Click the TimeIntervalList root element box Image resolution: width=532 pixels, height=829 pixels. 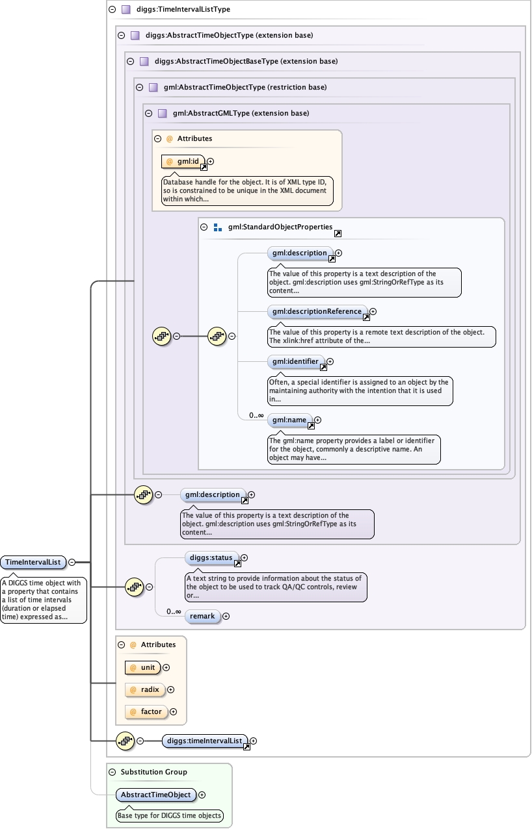33,562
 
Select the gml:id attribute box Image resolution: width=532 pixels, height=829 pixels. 183,161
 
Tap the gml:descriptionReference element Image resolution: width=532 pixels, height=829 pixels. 317,311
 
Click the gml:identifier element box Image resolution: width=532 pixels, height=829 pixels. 296,361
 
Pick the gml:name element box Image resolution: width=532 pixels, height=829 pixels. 289,420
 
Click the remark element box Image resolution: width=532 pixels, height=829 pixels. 202,616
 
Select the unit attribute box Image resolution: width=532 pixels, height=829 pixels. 143,667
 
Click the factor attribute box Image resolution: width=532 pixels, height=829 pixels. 146,711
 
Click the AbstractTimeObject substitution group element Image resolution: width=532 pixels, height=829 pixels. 156,795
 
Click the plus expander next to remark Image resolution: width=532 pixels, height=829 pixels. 226,616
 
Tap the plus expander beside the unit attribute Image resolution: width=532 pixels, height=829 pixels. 166,667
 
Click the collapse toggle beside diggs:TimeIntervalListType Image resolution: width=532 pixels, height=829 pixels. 113,10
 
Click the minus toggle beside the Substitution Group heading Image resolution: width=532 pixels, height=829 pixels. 112,772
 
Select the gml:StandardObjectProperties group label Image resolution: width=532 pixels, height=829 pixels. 280,227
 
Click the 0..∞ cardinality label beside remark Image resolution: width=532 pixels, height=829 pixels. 174,611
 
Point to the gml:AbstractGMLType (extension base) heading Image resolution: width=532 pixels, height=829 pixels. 241,113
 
